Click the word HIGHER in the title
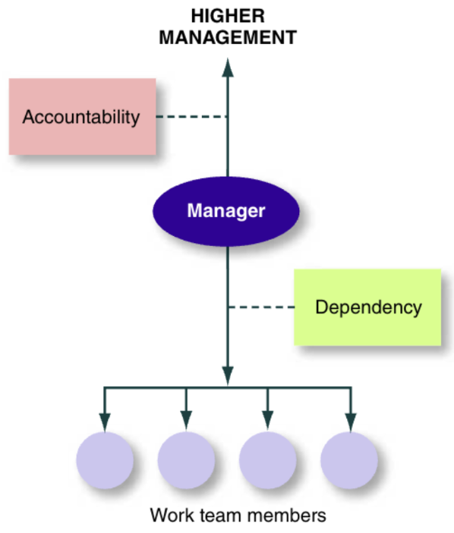coord(227,14)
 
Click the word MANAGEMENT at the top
coord(227,36)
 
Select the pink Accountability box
coord(82,116)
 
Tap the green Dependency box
coord(367,307)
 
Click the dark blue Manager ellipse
coord(226,210)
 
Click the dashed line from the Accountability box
coord(191,117)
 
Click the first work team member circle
coord(105,460)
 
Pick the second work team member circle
coord(186,460)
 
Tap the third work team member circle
coord(267,460)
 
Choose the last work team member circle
coord(349,460)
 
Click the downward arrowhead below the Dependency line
coord(227,375)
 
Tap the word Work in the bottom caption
coord(168,515)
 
